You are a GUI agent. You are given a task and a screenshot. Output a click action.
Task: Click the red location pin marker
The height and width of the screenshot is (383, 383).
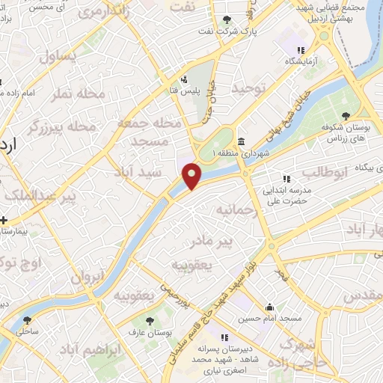192,175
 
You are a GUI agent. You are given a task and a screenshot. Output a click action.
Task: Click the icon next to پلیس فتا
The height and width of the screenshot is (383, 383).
185,79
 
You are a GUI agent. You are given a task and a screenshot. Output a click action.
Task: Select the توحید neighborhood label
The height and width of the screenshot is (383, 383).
248,88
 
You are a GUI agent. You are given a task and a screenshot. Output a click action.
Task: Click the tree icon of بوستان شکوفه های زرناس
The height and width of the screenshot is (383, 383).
345,114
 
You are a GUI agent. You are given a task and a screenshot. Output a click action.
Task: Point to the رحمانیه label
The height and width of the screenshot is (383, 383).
237,212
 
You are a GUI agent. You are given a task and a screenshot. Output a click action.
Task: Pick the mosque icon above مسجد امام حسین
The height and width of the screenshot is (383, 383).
270,307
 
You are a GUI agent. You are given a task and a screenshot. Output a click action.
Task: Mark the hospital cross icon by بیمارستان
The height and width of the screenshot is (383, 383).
4,221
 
